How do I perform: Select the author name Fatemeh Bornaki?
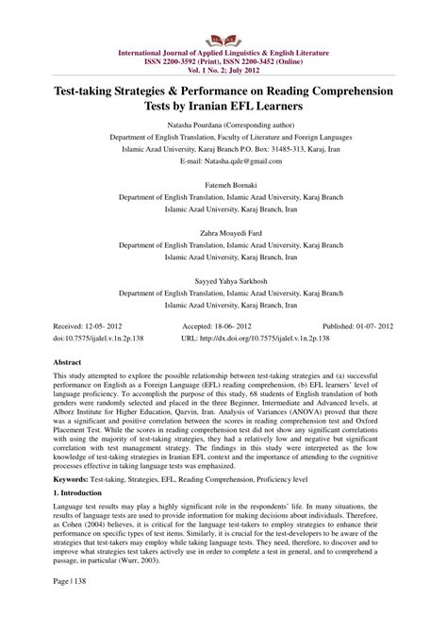223,186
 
